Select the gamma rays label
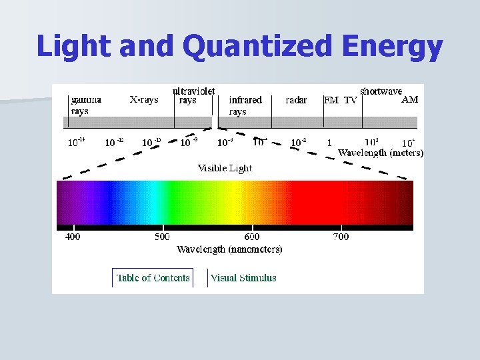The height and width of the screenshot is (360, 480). [86, 105]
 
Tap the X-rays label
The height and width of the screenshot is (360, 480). [144, 100]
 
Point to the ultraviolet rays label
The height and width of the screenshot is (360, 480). [193, 95]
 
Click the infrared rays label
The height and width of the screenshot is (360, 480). [245, 105]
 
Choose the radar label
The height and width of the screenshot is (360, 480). [296, 100]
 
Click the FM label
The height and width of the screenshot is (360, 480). [331, 101]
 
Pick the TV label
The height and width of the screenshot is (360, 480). [351, 101]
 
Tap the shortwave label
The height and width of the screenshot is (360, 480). [381, 91]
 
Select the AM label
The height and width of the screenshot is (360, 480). [410, 100]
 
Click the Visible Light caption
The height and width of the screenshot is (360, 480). [225, 168]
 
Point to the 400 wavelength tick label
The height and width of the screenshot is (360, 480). [73, 237]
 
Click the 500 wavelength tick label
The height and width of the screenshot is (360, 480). [162, 237]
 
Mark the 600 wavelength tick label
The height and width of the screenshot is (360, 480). [252, 237]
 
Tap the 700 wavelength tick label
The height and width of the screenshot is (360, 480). [340, 237]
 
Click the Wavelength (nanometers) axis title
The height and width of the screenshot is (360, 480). [229, 249]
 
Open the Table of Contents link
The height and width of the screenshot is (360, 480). [153, 278]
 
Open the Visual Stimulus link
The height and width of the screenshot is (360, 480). [243, 278]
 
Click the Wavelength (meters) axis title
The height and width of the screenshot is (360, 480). [381, 153]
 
